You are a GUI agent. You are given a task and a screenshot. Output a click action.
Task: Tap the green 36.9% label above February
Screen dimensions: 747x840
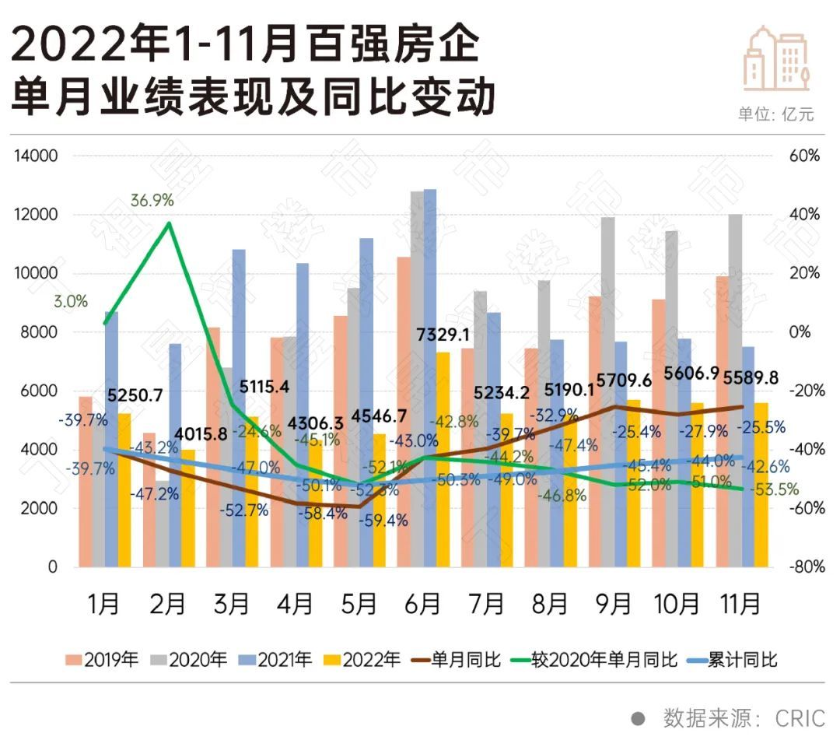tap(152, 200)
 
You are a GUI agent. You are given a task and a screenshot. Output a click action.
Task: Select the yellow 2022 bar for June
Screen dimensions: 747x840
tap(443, 459)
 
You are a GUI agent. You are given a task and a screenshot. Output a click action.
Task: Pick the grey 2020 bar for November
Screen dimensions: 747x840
tap(735, 389)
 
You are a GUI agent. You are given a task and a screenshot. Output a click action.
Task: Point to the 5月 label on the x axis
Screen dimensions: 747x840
tap(359, 604)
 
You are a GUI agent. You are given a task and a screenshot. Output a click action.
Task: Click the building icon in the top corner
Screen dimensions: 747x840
tap(776, 58)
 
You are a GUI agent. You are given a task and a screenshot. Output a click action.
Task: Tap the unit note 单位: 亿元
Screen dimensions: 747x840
tap(775, 114)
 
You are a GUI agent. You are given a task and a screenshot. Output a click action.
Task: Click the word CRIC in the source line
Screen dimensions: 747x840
tap(800, 718)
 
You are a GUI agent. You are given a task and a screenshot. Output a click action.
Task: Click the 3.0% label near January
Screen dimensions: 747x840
tap(71, 301)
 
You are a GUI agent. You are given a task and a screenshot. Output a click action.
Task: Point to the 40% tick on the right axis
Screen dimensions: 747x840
tap(806, 215)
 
